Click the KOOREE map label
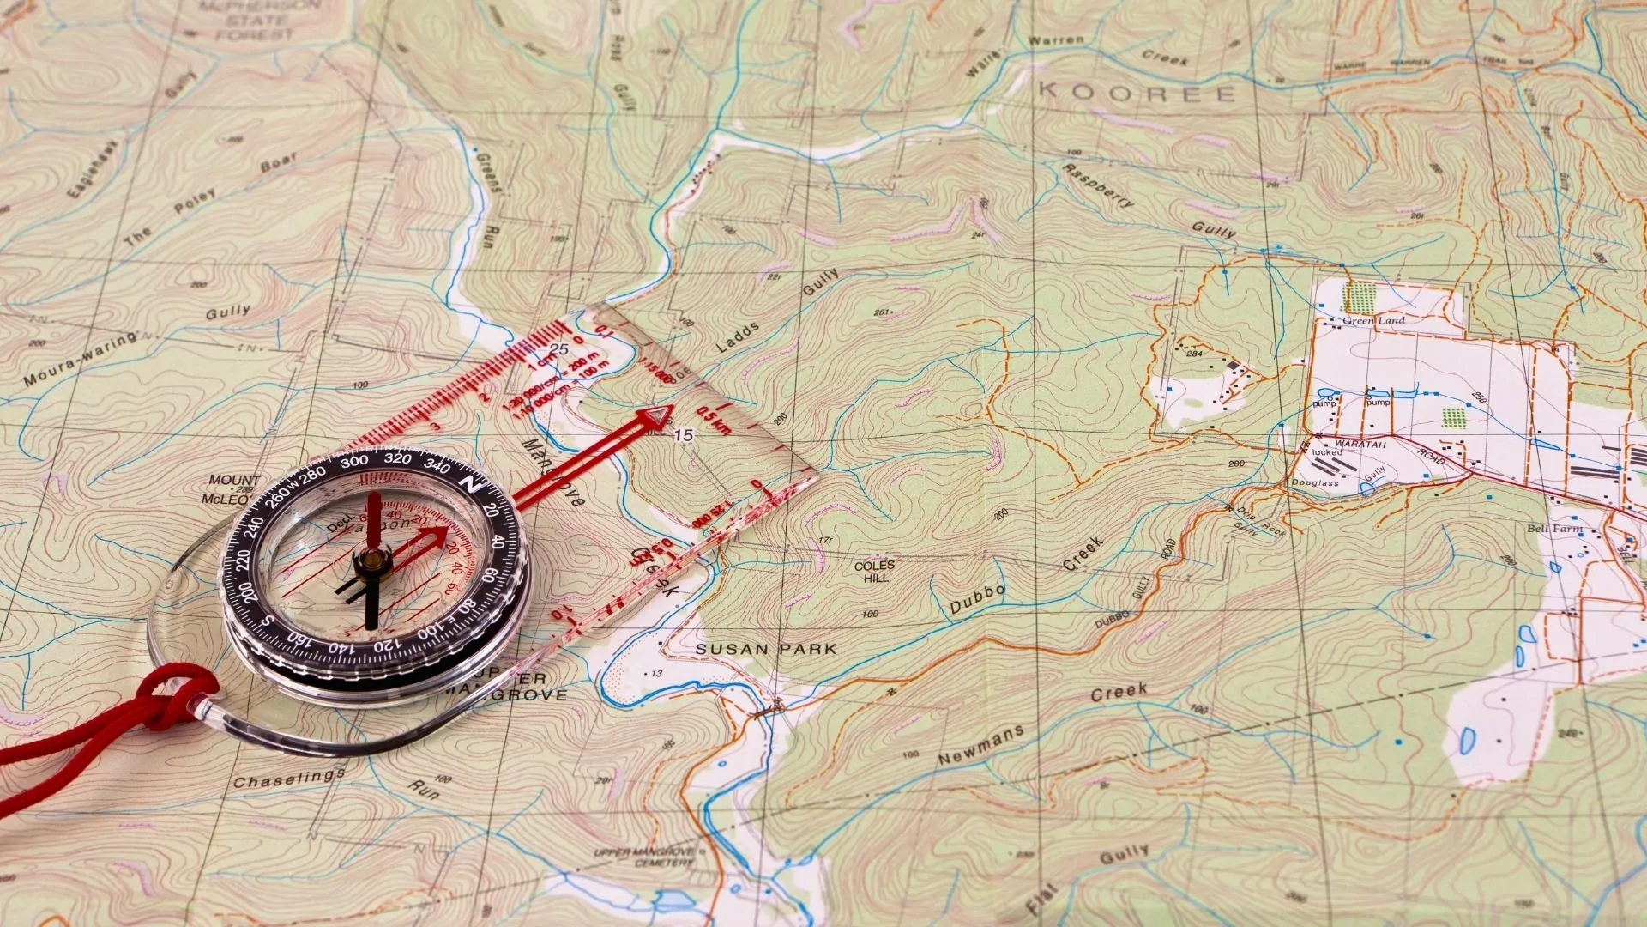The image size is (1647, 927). (x=1137, y=92)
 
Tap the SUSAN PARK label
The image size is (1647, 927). (x=765, y=649)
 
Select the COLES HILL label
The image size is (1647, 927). (x=874, y=572)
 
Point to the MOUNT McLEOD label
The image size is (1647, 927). (x=230, y=488)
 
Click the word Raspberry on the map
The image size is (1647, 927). (x=1098, y=185)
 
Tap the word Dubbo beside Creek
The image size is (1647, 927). (x=977, y=599)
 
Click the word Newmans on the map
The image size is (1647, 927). (x=980, y=744)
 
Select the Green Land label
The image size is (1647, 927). (x=1373, y=320)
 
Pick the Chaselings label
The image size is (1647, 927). (x=289, y=778)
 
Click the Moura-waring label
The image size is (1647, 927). (x=80, y=359)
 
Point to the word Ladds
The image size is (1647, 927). (x=738, y=336)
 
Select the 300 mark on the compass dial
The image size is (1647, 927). (x=354, y=461)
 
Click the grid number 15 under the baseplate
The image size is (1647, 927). (x=683, y=435)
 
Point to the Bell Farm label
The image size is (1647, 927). (x=1553, y=529)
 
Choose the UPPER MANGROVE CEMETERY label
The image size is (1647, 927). (x=645, y=856)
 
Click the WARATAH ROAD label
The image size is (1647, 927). (x=1390, y=448)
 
